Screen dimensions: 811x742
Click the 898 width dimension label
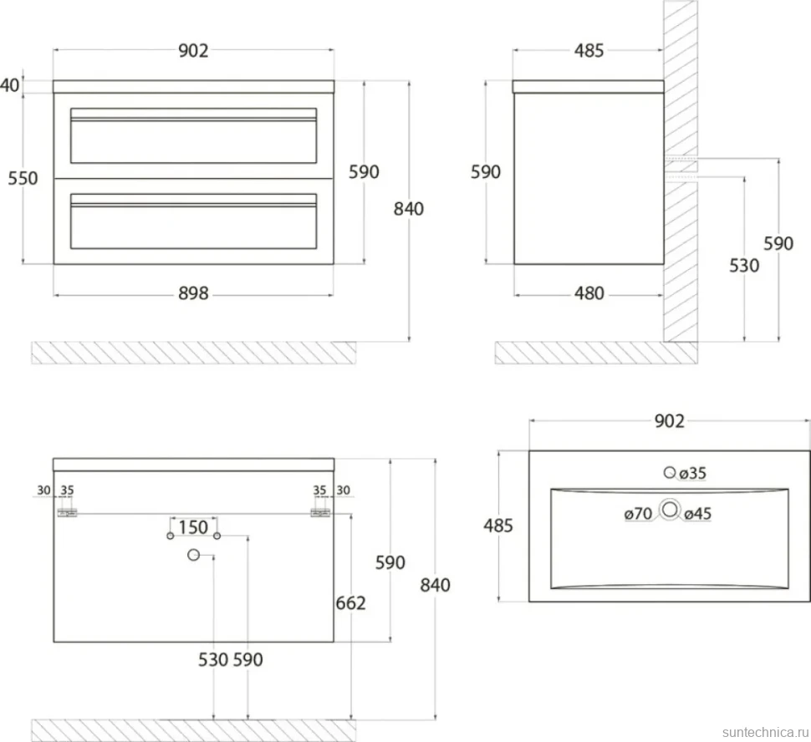193,293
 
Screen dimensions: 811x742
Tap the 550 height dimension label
23,178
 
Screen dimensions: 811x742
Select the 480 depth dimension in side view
589,293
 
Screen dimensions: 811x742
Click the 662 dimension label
350,603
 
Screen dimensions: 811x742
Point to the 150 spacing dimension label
193,527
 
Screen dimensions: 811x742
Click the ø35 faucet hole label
692,473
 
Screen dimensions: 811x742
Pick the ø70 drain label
638,513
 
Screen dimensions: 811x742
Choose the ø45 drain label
698,513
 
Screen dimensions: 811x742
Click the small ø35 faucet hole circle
670,472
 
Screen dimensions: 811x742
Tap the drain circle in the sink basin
670,510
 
